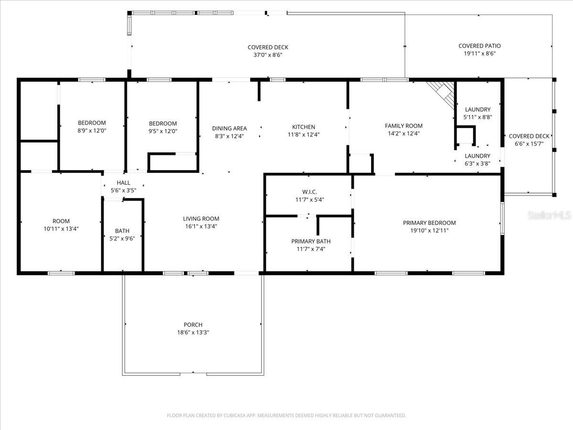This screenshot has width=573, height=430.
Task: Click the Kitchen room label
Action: (304, 127)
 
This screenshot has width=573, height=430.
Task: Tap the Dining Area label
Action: (229, 128)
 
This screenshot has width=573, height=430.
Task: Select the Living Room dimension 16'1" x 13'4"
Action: (201, 226)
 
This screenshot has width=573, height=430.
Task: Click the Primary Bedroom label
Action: (429, 223)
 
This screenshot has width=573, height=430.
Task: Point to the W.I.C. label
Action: (309, 192)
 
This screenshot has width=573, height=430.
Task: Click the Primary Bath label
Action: (311, 241)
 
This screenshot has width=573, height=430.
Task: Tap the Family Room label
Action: (403, 126)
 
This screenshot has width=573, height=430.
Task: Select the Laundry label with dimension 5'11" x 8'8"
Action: (477, 110)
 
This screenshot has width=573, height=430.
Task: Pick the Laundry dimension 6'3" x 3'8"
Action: (477, 163)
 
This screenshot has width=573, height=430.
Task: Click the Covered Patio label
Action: (479, 46)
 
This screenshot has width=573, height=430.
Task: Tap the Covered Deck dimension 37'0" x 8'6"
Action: (267, 55)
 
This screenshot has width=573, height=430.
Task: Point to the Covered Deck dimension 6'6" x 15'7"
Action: (529, 144)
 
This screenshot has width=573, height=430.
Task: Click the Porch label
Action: (193, 325)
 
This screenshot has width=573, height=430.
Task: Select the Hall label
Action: (123, 183)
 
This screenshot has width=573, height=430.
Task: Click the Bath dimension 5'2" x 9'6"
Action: (122, 238)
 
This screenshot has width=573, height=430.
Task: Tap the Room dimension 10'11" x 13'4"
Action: (61, 229)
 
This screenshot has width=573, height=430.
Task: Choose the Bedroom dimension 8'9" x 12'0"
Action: (92, 130)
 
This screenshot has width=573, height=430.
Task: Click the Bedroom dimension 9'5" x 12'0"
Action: (162, 131)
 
